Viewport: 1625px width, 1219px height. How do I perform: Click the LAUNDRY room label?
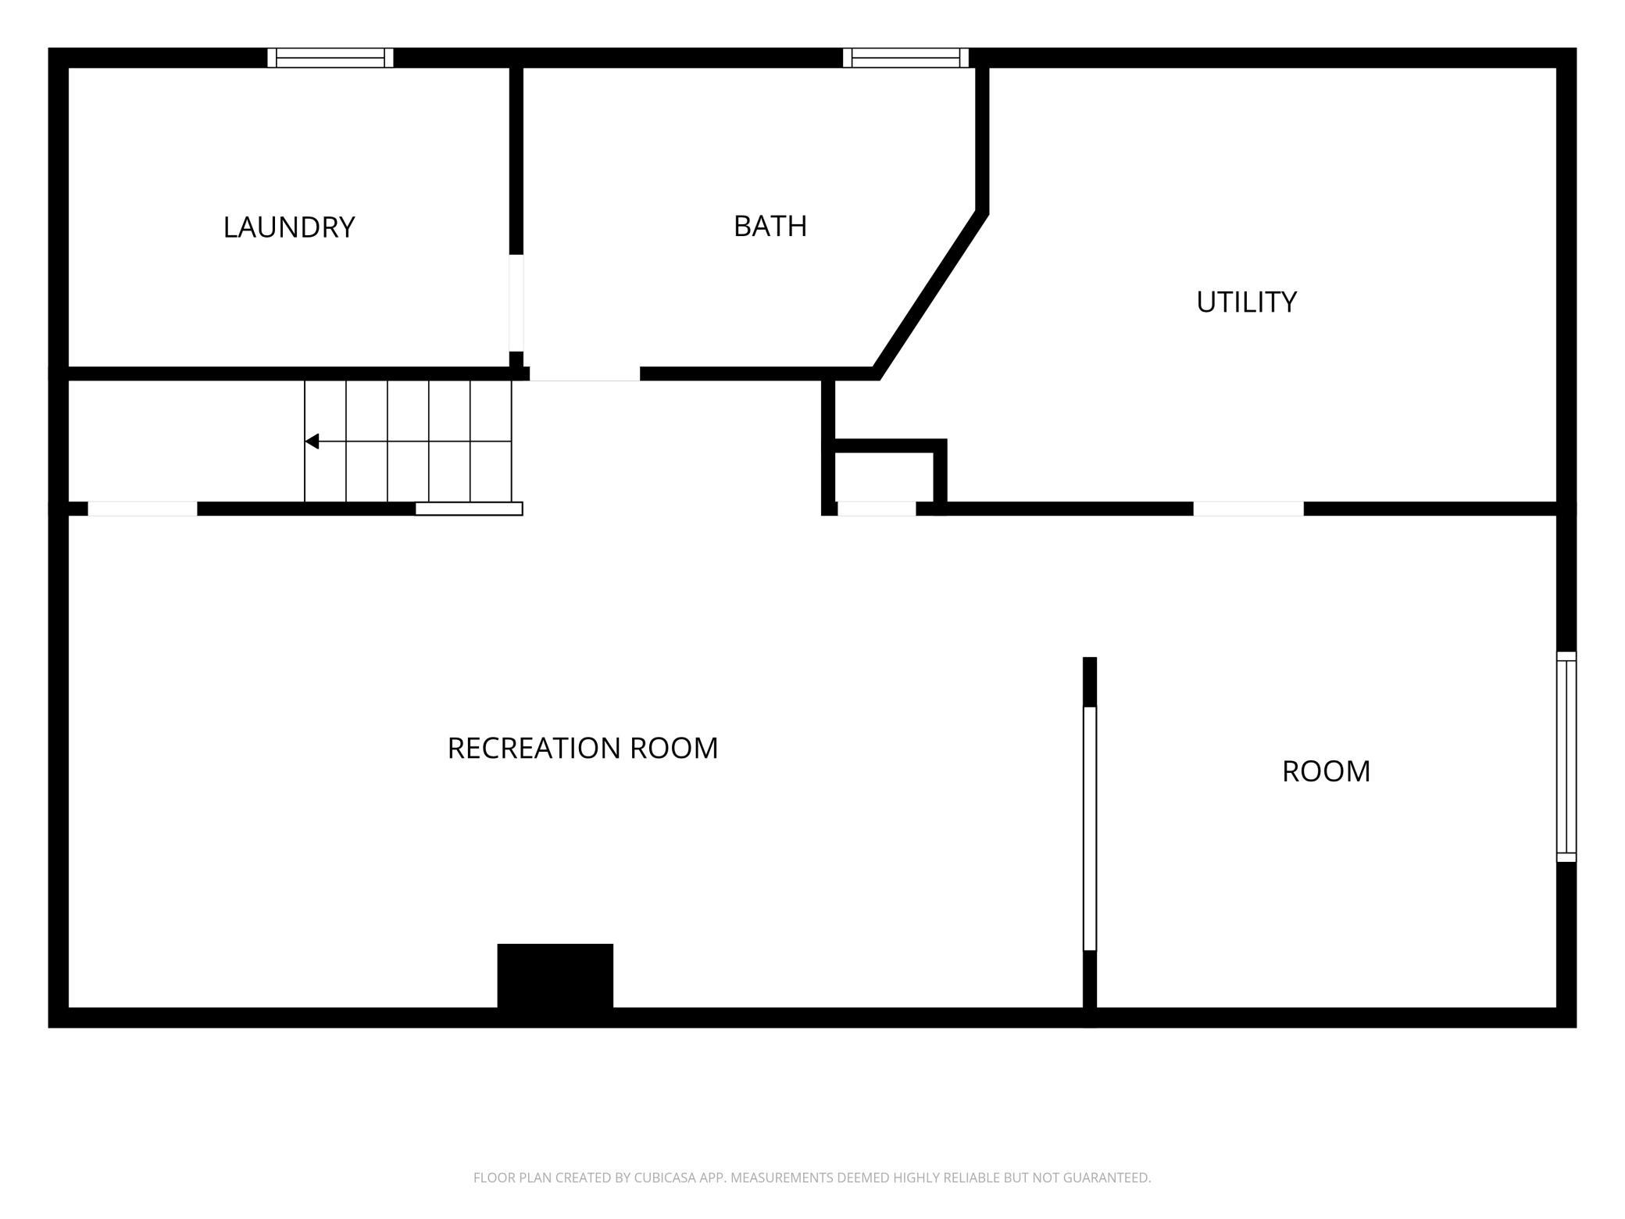(x=289, y=227)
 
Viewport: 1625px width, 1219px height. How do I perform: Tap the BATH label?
(x=770, y=226)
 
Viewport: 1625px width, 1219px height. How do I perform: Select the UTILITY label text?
(x=1246, y=302)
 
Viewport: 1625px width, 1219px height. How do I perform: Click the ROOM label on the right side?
(x=1326, y=771)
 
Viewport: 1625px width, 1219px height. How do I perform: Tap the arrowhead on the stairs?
(x=312, y=441)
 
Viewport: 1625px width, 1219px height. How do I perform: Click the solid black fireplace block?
(x=555, y=976)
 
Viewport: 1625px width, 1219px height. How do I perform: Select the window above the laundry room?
(x=330, y=58)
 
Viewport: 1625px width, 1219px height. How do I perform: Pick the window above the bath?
(x=905, y=58)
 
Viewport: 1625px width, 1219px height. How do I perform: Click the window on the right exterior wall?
(x=1566, y=756)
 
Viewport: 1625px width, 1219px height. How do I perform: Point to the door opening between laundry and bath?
(x=516, y=303)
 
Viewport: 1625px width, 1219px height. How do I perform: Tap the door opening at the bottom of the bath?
(x=585, y=374)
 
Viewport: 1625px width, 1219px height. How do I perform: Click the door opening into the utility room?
(x=1248, y=509)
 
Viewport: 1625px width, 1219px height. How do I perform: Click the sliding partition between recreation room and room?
(x=1090, y=828)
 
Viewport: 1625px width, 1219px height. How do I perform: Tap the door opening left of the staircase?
(x=142, y=509)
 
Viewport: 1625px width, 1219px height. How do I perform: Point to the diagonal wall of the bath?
(x=930, y=295)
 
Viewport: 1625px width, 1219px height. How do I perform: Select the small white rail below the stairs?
(x=469, y=509)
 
